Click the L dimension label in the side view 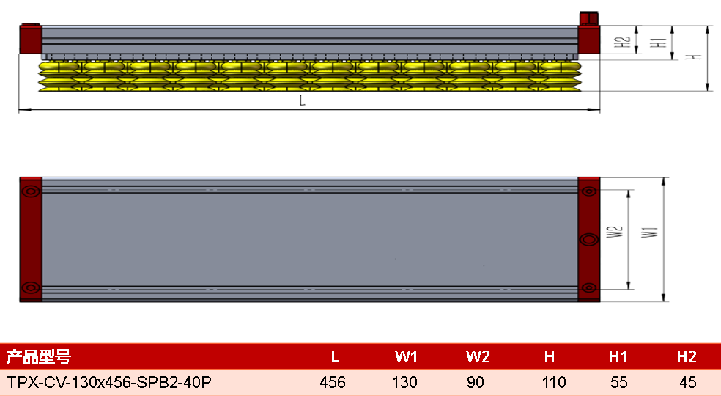pyautogui.click(x=302, y=100)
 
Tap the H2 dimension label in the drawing pyautogui.click(x=622, y=42)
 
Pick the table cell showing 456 pyautogui.click(x=333, y=382)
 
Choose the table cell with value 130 pyautogui.click(x=404, y=382)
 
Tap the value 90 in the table pyautogui.click(x=476, y=382)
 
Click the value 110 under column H pyautogui.click(x=554, y=382)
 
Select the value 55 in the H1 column pyautogui.click(x=619, y=382)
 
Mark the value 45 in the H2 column pyautogui.click(x=688, y=382)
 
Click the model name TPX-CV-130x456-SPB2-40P pyautogui.click(x=109, y=382)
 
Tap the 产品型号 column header pyautogui.click(x=39, y=356)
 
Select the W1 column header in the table pyautogui.click(x=406, y=356)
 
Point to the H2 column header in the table pyautogui.click(x=687, y=356)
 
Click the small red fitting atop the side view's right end pyautogui.click(x=588, y=18)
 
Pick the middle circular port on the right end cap pyautogui.click(x=589, y=240)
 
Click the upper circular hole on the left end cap pyautogui.click(x=31, y=191)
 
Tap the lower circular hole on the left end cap pyautogui.click(x=31, y=287)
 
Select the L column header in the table pyautogui.click(x=335, y=356)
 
